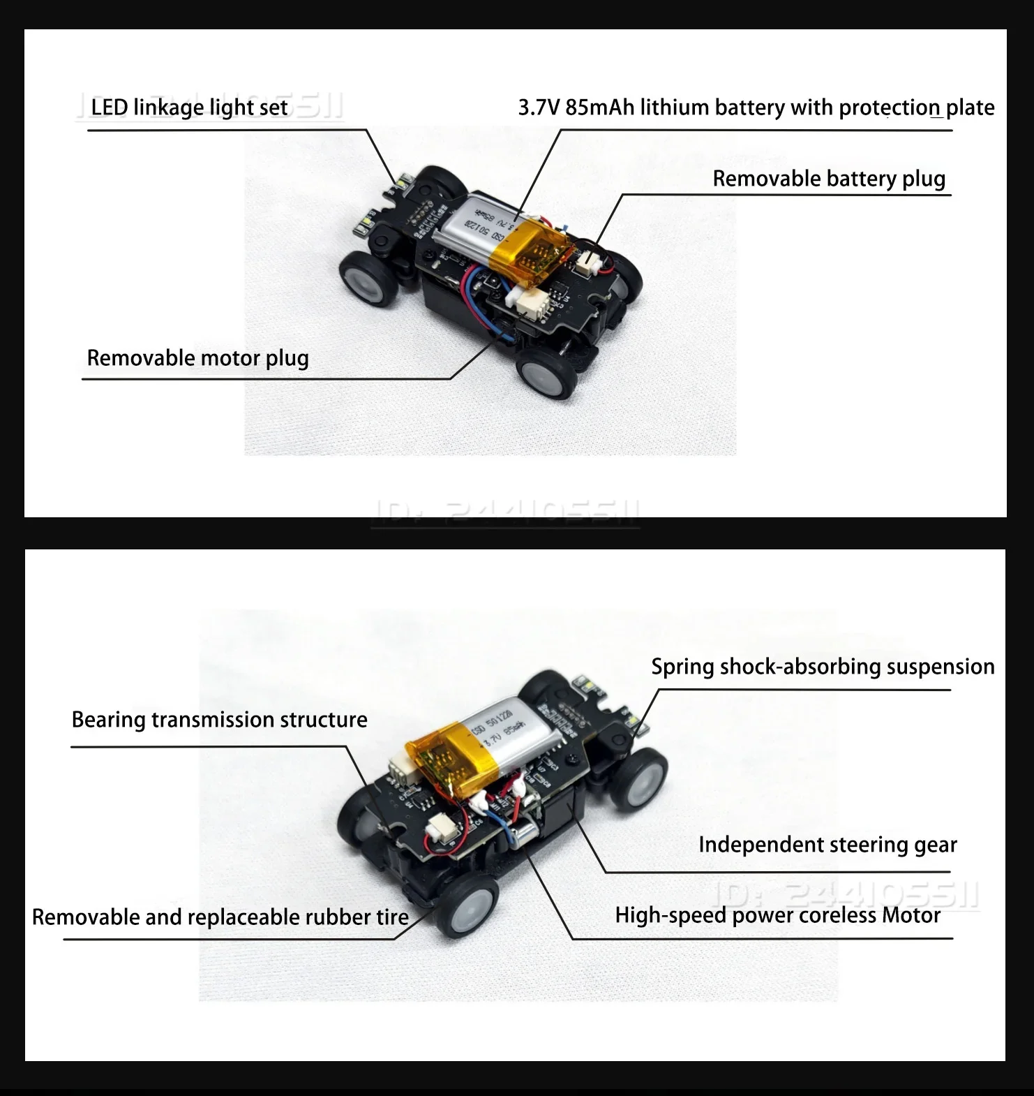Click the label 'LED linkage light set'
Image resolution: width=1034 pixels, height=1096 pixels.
tap(189, 108)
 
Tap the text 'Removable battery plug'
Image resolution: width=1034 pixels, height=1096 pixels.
tap(828, 179)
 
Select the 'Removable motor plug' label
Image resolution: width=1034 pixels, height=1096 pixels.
tap(197, 358)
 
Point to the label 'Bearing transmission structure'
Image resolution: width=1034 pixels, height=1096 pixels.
tap(219, 720)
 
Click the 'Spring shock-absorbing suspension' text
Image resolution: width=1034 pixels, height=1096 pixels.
tap(823, 667)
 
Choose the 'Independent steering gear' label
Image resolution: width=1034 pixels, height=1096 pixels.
tap(827, 845)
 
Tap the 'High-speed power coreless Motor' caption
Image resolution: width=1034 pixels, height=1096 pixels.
tap(777, 915)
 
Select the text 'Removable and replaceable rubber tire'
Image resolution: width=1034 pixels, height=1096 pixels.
tap(220, 917)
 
